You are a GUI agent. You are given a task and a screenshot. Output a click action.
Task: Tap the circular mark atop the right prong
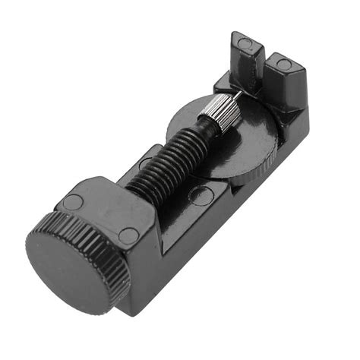coord(283,64)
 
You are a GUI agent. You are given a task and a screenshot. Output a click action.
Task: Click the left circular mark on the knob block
coord(74,201)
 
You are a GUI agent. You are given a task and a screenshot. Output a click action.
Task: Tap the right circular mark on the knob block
coord(129,235)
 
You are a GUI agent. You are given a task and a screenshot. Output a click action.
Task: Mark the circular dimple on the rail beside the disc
coord(200,196)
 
